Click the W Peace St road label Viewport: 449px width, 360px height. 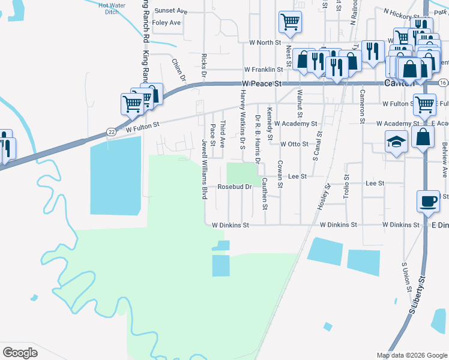pyautogui.click(x=262, y=84)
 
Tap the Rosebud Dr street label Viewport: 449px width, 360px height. pyautogui.click(x=234, y=187)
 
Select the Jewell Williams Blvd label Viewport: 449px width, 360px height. pyautogui.click(x=205, y=170)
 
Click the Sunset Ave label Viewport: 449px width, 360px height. pyautogui.click(x=171, y=11)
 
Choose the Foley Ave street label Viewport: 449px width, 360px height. pyautogui.click(x=166, y=23)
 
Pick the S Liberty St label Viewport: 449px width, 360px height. pyautogui.click(x=417, y=295)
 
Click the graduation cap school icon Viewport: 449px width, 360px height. pyautogui.click(x=395, y=143)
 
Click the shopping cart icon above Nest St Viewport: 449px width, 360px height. pyautogui.click(x=290, y=22)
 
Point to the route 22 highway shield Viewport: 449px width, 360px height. pyautogui.click(x=111, y=131)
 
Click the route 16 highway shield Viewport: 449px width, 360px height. pyautogui.click(x=443, y=82)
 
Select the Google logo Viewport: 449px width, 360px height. pyautogui.click(x=20, y=352)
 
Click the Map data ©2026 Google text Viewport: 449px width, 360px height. pyautogui.click(x=411, y=355)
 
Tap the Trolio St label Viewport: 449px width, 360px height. pyautogui.click(x=346, y=186)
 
